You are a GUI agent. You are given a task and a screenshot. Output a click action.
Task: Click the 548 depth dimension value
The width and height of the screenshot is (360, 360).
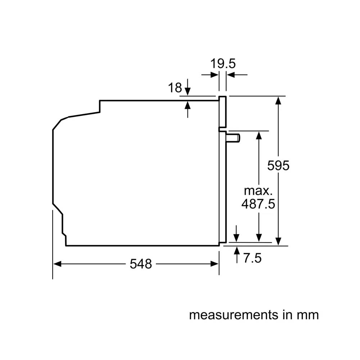(141, 264)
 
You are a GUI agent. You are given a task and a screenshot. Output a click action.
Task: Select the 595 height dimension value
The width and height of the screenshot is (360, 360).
(278, 166)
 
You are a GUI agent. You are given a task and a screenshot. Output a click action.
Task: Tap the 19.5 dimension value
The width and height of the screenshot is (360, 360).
(223, 64)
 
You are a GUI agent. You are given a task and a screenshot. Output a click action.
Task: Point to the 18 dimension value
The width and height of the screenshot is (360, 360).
(175, 87)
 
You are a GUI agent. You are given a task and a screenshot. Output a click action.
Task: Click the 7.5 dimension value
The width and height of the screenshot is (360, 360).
(252, 258)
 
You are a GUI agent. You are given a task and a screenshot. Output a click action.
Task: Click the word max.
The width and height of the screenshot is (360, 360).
(258, 190)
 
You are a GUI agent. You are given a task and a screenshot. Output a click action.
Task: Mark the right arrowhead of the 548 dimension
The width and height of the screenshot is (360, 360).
(216, 264)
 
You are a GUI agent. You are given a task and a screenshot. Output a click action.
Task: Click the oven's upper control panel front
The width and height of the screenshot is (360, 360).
(222, 112)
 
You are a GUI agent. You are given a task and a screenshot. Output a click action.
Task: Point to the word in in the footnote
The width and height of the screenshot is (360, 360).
(285, 315)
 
